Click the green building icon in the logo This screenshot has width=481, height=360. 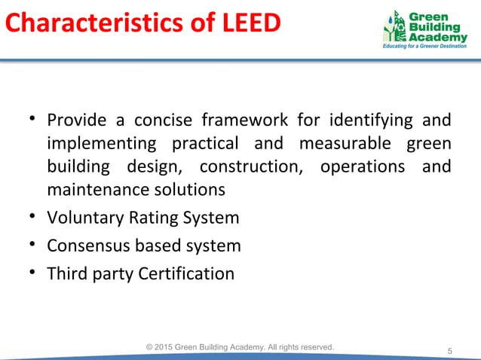pyautogui.click(x=394, y=28)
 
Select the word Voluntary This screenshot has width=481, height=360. pyautogui.click(x=83, y=218)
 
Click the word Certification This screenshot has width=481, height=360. pyautogui.click(x=186, y=273)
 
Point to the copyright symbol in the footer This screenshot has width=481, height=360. pyautogui.click(x=151, y=346)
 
